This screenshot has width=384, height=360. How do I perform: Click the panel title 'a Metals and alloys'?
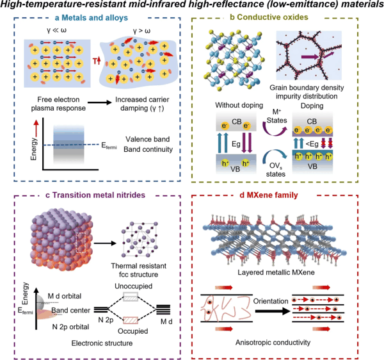[x=92, y=18]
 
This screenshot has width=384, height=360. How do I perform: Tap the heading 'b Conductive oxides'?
[x=269, y=17]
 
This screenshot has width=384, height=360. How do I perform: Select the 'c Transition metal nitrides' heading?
[x=95, y=195]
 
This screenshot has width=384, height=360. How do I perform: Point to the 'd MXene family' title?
[x=269, y=195]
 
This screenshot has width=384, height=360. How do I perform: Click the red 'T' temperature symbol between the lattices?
[x=95, y=61]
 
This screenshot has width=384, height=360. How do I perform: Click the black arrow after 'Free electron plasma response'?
[x=99, y=102]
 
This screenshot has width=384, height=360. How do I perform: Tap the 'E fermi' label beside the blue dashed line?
[x=109, y=145]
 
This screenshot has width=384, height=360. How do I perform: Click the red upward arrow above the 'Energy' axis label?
[x=36, y=128]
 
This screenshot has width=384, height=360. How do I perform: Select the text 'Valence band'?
[x=148, y=139]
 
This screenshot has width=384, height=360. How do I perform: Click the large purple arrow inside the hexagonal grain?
[x=310, y=57]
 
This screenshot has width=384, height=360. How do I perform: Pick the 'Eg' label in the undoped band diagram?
[x=236, y=143]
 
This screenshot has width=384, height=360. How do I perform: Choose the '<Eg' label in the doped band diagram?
[x=312, y=143]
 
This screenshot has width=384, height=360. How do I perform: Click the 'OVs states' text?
[x=276, y=170]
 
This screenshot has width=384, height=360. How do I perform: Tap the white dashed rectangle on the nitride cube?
[x=81, y=242]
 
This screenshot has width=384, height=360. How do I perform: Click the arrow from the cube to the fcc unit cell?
[x=105, y=243]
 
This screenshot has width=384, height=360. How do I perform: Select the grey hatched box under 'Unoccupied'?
[x=131, y=297]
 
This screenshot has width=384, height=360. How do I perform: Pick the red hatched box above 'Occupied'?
[x=131, y=320]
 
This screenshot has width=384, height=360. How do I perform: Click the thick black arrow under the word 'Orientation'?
[x=273, y=311]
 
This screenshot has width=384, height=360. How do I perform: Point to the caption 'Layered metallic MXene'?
[x=276, y=272]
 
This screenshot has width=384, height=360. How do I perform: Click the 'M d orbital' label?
[x=65, y=296]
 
